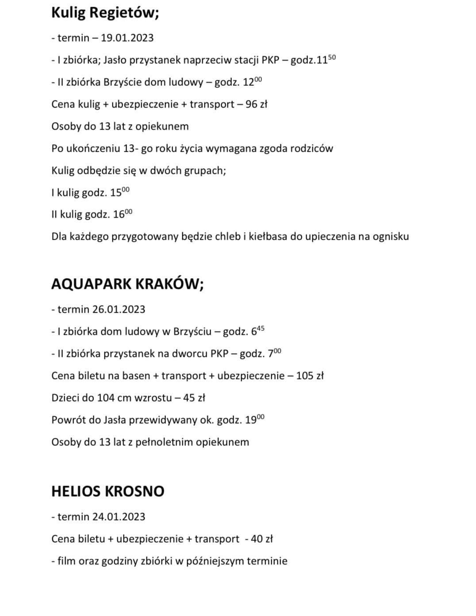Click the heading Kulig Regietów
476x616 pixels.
[105, 12]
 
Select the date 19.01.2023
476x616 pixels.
[127, 38]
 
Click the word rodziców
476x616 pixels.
[311, 149]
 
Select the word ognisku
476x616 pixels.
[390, 237]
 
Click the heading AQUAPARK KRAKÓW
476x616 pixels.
[127, 284]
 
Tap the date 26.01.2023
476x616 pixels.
[119, 310]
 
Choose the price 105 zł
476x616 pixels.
[310, 376]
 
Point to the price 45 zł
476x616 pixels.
[194, 398]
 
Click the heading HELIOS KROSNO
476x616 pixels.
[107, 491]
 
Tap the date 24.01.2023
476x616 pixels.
[119, 517]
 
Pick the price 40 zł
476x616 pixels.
[261, 539]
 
